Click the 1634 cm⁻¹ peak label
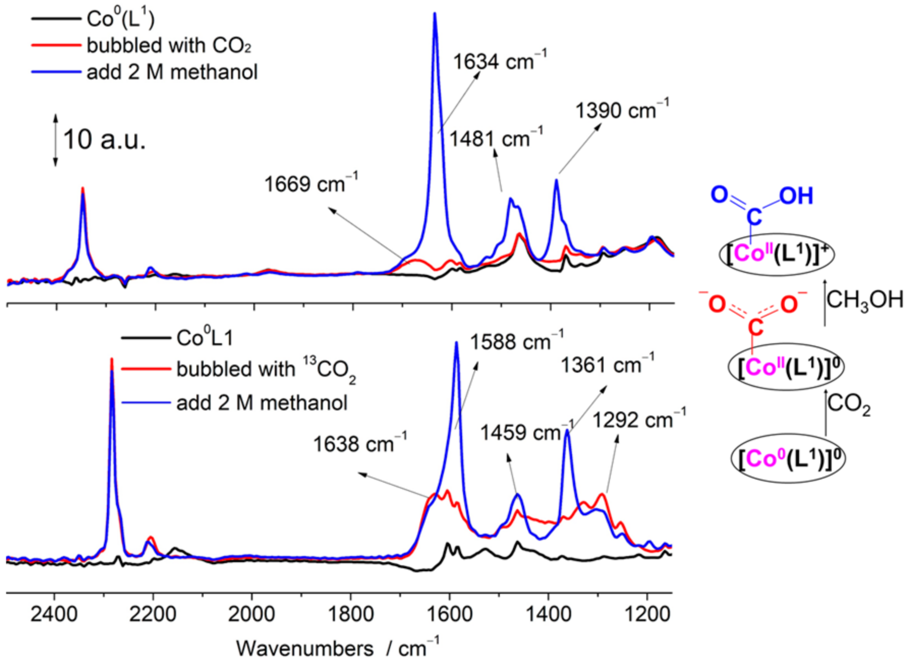(x=499, y=62)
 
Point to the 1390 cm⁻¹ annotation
(x=621, y=110)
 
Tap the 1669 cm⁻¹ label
(x=310, y=184)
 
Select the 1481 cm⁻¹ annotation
(x=496, y=138)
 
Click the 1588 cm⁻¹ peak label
(x=516, y=342)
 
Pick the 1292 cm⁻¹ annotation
(x=639, y=420)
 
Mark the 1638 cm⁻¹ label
(x=359, y=444)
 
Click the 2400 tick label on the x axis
(x=54, y=615)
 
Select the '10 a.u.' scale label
(x=104, y=139)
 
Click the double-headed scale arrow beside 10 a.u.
(x=55, y=141)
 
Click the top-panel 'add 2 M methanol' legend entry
(x=172, y=72)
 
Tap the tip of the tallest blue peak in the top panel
(x=435, y=14)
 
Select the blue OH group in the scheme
(x=796, y=196)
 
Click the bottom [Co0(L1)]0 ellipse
(x=788, y=459)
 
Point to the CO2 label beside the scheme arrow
(x=848, y=405)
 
